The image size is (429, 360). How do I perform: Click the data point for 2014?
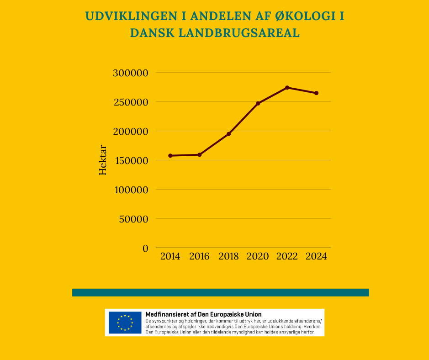click(x=170, y=156)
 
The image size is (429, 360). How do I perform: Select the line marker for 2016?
click(x=200, y=155)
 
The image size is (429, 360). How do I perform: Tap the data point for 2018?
click(x=229, y=134)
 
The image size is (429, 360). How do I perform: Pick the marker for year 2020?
click(x=258, y=103)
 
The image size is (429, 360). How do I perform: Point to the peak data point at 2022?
click(x=287, y=88)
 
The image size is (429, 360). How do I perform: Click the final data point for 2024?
click(x=316, y=93)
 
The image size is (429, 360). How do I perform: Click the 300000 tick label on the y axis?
click(x=131, y=73)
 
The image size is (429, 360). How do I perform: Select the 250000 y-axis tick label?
click(x=131, y=102)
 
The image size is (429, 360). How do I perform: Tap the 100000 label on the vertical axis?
click(x=131, y=190)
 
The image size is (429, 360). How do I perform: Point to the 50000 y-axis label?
click(x=133, y=219)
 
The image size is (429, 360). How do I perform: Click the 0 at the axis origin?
click(x=145, y=248)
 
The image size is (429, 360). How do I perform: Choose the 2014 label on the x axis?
click(x=170, y=256)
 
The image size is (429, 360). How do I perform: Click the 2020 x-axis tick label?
click(x=258, y=256)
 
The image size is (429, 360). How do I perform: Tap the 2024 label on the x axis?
click(x=316, y=256)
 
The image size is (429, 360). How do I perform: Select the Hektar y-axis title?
click(x=103, y=160)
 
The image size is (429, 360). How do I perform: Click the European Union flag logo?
click(x=125, y=323)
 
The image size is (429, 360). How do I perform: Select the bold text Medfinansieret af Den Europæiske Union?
click(x=203, y=314)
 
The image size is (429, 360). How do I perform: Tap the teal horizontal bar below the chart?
click(x=220, y=292)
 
